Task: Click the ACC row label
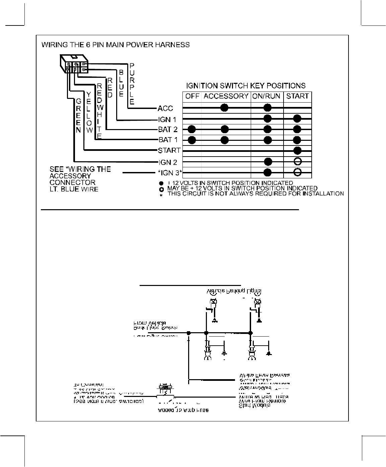point(165,108)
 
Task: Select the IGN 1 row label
point(167,119)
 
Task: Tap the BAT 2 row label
point(167,129)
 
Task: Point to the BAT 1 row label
point(167,140)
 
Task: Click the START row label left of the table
point(169,151)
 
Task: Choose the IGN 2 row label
point(167,163)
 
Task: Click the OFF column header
point(192,96)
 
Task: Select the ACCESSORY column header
point(226,96)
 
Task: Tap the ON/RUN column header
point(266,96)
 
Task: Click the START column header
point(297,96)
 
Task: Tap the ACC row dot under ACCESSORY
point(224,108)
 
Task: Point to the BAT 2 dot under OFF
point(192,129)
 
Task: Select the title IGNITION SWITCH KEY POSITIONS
point(246,85)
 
